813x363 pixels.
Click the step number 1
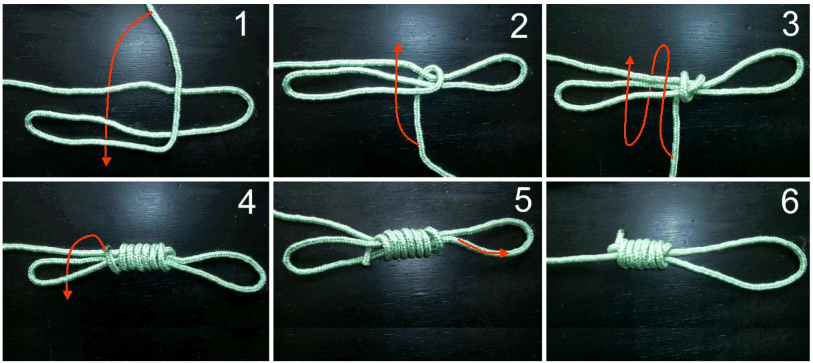click(241, 23)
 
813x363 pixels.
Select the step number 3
click(790, 24)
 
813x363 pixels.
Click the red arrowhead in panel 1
click(106, 161)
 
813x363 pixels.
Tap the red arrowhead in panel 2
click(399, 48)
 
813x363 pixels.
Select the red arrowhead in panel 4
click(67, 295)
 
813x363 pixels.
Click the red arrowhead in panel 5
click(505, 252)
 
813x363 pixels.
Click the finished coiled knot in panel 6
click(639, 254)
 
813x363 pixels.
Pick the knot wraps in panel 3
click(688, 87)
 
